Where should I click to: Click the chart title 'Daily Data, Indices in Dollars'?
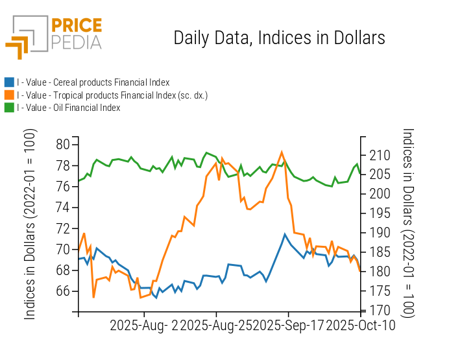tap(279, 38)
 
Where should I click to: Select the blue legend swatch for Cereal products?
tap(9, 82)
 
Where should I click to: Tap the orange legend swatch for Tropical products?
tap(9, 95)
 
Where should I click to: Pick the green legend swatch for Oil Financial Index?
tap(9, 108)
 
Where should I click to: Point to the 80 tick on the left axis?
tap(64, 145)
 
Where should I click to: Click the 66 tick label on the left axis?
tap(64, 291)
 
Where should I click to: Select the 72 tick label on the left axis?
tap(64, 228)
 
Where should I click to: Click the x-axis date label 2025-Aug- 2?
tap(143, 325)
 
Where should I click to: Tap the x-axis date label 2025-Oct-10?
tap(360, 325)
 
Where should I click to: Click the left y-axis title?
tap(30, 224)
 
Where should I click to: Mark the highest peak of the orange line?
tap(282, 152)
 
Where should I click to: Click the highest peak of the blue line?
tap(285, 234)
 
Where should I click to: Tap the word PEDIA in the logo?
tap(77, 42)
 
